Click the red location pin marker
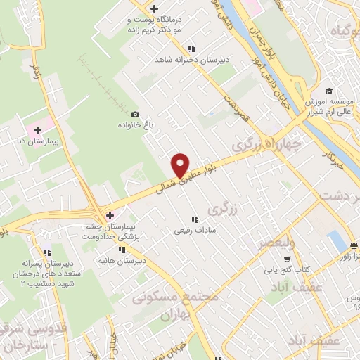(181, 165)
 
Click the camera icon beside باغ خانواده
(135, 115)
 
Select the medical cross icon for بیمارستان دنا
(37, 129)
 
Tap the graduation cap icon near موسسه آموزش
(329, 91)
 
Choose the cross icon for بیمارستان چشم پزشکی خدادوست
(109, 214)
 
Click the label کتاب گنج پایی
(282, 269)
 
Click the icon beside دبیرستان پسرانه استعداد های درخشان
(47, 252)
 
